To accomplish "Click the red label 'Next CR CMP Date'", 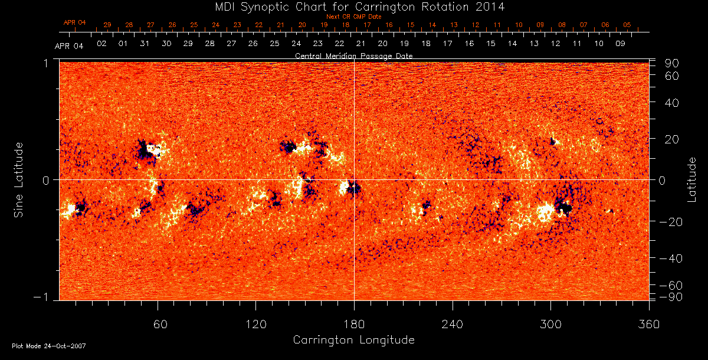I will pos(354,17).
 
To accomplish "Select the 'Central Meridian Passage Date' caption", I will pos(354,55).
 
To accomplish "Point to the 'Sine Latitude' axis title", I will pos(19,179).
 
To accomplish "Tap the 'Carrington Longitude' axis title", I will pos(354,340).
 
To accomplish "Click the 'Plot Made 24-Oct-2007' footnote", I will pos(49,346).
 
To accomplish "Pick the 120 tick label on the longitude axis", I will pos(255,325).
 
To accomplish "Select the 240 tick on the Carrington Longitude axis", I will pos(453,325).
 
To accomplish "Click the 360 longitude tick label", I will pos(649,325).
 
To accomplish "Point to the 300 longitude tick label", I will pos(550,325).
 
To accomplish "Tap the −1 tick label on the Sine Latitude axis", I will pos(44,297).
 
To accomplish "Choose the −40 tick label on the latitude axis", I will pos(670,258).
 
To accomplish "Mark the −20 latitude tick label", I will pos(670,221).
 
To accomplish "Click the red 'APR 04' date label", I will pos(75,22).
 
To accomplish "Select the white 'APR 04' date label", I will pos(69,46).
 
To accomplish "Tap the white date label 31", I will pos(145,44).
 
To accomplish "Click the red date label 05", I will pos(627,25).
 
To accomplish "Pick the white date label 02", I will pos(101,44).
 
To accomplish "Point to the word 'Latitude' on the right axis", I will pos(693,179).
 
